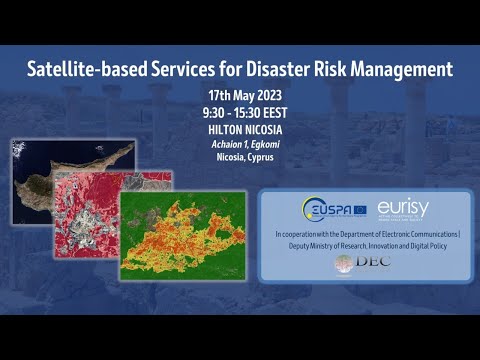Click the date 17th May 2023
click(x=240, y=96)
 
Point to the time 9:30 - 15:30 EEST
click(x=240, y=112)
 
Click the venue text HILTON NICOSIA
click(x=240, y=128)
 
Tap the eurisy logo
click(x=403, y=208)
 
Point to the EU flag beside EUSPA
click(x=357, y=210)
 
